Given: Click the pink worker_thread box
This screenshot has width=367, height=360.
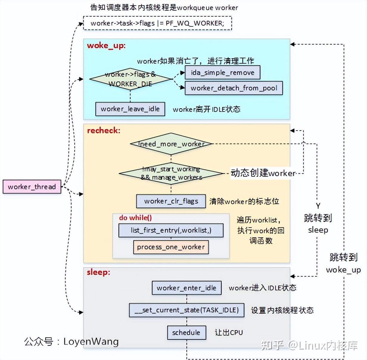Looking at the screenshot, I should [x=32, y=187].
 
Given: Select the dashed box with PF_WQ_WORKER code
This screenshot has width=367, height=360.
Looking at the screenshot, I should [x=157, y=23].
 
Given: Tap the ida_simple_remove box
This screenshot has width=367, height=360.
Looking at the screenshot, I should [x=222, y=73].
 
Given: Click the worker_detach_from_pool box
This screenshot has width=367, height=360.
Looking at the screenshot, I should [x=234, y=88].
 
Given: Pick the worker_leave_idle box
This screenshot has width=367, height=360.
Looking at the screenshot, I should [x=130, y=109].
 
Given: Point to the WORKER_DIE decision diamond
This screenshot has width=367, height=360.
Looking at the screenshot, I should [x=130, y=79].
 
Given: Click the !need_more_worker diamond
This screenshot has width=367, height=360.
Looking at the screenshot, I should [x=171, y=144].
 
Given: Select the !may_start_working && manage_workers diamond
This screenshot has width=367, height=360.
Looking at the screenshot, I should [x=171, y=173].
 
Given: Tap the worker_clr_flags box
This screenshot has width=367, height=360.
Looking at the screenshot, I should [x=171, y=201].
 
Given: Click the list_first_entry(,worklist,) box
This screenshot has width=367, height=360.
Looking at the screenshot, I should [x=171, y=230].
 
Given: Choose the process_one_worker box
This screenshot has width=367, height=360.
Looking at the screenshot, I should [x=171, y=247].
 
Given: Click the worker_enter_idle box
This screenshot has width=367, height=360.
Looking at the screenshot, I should [x=186, y=288].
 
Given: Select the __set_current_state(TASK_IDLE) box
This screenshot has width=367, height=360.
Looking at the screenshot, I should [x=186, y=310].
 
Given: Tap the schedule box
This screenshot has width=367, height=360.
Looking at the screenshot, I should [x=186, y=333].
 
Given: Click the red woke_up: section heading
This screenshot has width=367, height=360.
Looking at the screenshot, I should [x=106, y=46].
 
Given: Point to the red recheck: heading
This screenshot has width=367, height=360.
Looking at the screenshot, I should [x=103, y=131].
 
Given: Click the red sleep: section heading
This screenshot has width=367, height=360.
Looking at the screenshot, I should [x=98, y=272].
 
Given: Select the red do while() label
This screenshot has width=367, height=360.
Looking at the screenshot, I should [x=135, y=218].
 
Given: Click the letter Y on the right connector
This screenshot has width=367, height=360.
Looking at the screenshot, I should [x=318, y=206].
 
